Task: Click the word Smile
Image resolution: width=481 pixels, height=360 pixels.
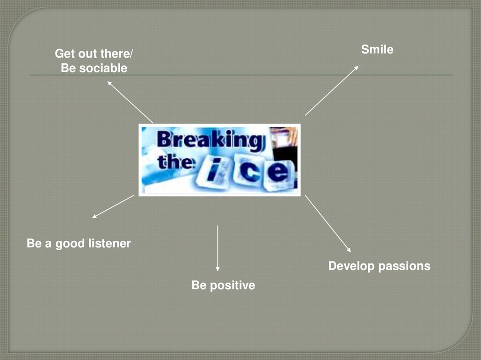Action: (377, 49)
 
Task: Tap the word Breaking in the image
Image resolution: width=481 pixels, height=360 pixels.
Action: (209, 141)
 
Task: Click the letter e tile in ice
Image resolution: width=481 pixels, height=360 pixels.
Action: (280, 173)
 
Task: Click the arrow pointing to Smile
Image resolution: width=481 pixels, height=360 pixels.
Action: (332, 91)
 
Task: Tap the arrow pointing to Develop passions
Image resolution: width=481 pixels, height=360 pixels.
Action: (328, 223)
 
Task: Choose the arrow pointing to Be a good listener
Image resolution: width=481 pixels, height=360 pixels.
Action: (113, 207)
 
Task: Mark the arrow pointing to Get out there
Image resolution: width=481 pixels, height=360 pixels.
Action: (130, 101)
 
